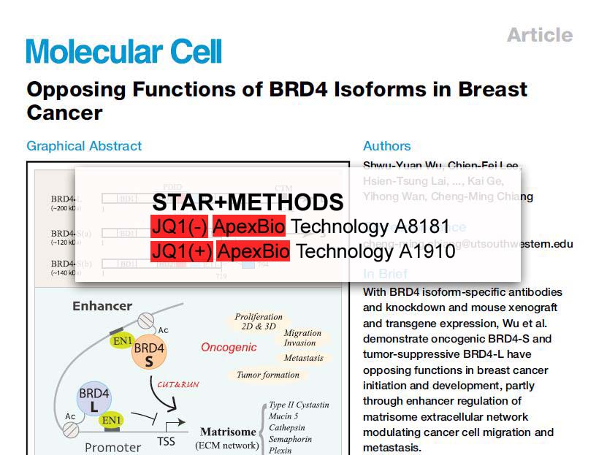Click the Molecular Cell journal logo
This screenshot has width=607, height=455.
coord(123,52)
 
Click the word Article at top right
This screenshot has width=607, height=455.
coord(540,34)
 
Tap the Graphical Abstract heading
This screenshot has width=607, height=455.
coord(84,146)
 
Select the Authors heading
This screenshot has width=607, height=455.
coord(386,146)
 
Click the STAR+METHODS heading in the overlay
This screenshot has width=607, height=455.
coord(248,202)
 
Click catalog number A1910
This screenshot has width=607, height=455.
coord(427,251)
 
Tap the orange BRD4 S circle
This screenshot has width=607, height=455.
coord(149,356)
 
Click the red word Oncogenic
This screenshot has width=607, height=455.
coord(229,348)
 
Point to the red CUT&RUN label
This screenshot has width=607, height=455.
coord(178,384)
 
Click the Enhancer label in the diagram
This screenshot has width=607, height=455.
coord(102,306)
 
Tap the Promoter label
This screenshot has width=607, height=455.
coord(113,446)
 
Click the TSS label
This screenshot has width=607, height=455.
coord(166,442)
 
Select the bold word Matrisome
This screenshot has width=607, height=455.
coord(229,432)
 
